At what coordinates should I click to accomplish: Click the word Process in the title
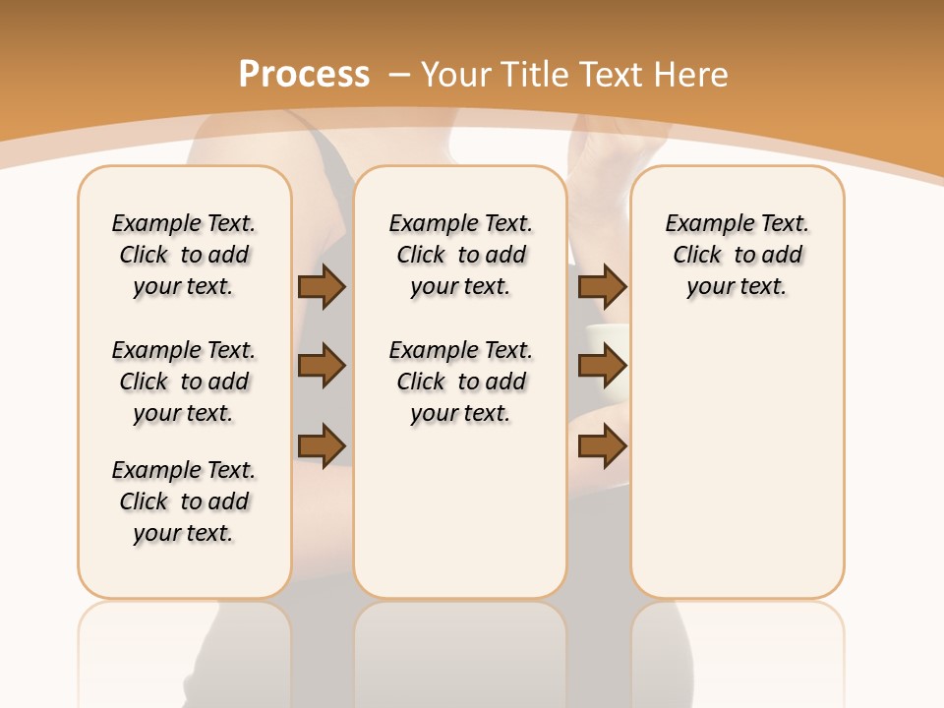pyautogui.click(x=304, y=75)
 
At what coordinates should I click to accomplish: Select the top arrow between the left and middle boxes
pyautogui.click(x=322, y=287)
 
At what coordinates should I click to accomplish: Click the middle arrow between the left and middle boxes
pyautogui.click(x=322, y=366)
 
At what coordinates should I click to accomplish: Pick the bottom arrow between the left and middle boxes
pyautogui.click(x=322, y=444)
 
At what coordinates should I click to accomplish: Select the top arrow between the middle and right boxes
pyautogui.click(x=603, y=287)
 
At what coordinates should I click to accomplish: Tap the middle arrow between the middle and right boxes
pyautogui.click(x=603, y=366)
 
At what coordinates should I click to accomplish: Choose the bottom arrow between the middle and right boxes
pyautogui.click(x=603, y=445)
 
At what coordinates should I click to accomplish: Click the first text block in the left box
pyautogui.click(x=184, y=255)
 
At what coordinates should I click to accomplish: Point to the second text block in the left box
pyautogui.click(x=184, y=382)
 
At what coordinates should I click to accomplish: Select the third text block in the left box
pyautogui.click(x=184, y=501)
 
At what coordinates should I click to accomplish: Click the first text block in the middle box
pyautogui.click(x=461, y=255)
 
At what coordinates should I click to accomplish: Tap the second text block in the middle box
pyautogui.click(x=461, y=382)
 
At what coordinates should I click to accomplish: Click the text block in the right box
pyautogui.click(x=737, y=255)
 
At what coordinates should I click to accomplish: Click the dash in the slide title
pyautogui.click(x=400, y=75)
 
